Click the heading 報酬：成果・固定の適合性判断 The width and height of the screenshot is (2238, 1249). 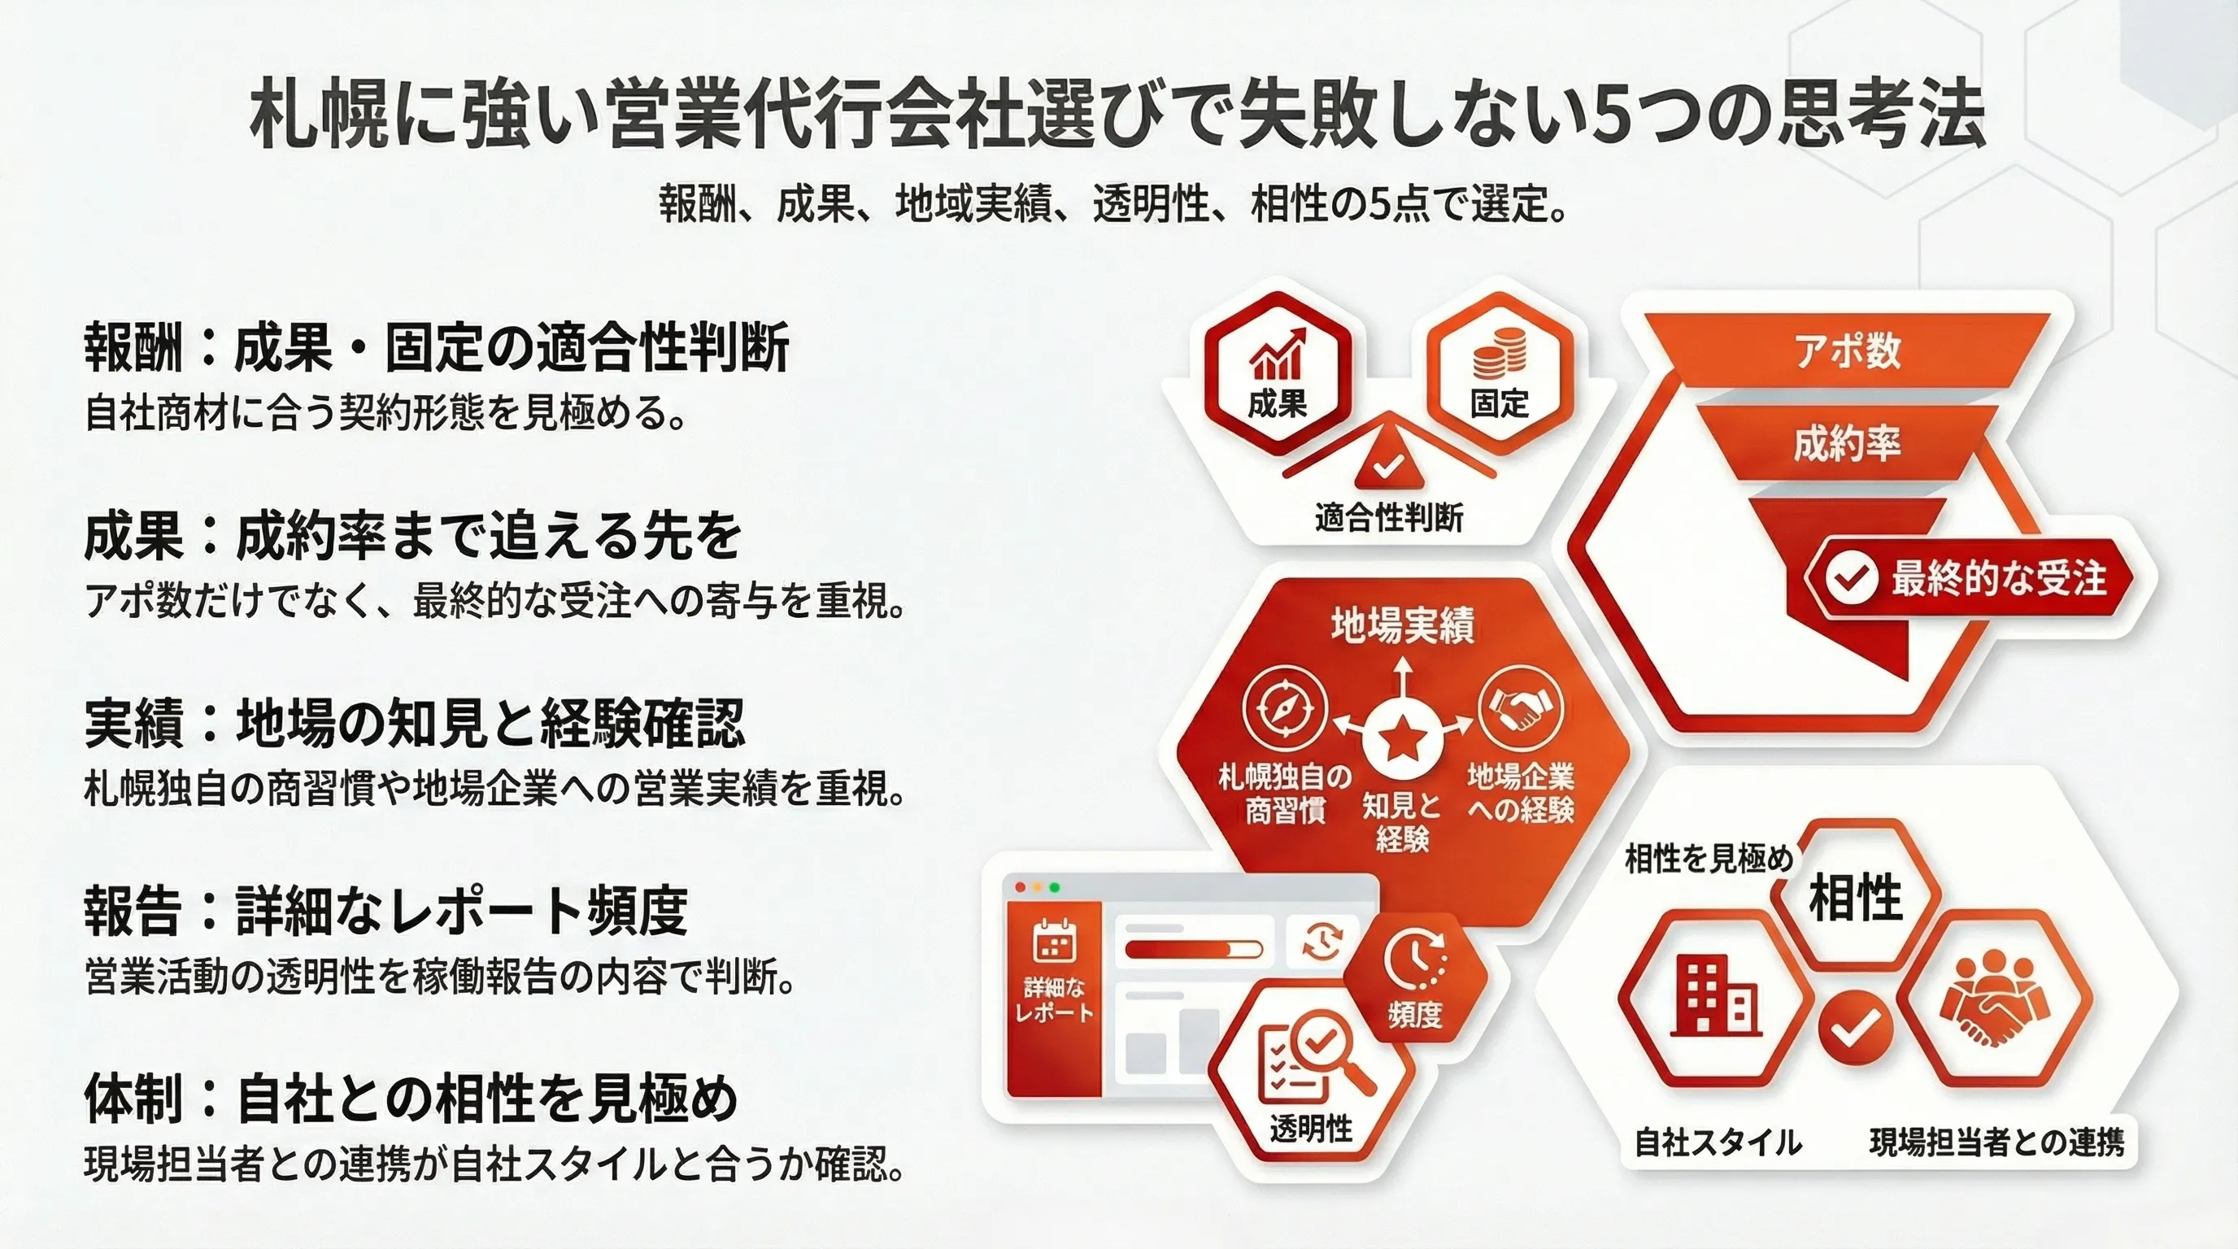click(437, 348)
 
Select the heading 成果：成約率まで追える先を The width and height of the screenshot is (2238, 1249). click(412, 536)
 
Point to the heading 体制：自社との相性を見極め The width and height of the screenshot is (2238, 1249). click(411, 1099)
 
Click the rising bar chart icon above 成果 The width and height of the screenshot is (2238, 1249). click(1277, 355)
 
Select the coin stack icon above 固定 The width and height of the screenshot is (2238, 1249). click(1500, 357)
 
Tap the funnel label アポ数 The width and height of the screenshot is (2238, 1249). click(1847, 350)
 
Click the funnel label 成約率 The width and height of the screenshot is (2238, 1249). click(1847, 444)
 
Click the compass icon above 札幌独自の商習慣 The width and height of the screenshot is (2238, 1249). click(1285, 708)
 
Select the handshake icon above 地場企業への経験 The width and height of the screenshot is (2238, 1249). click(1521, 708)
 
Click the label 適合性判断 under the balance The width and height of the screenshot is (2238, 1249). click(1388, 519)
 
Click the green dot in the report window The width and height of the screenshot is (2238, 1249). click(1055, 887)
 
